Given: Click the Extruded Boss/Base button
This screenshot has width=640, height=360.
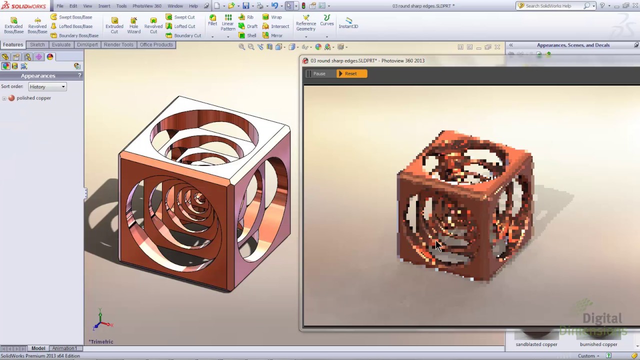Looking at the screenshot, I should click(x=13, y=25).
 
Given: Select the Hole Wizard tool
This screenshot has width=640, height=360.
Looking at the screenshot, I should click(x=133, y=25).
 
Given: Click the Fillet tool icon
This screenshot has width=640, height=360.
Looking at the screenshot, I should click(x=212, y=20).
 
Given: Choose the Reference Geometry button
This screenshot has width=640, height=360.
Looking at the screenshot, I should click(x=305, y=23).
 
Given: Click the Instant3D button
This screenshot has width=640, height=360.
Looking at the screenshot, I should click(x=348, y=22).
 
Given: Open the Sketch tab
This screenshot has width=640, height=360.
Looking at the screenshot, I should click(x=37, y=44).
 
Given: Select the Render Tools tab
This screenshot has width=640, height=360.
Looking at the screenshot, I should click(x=118, y=44).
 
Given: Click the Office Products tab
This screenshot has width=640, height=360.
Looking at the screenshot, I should click(x=156, y=44).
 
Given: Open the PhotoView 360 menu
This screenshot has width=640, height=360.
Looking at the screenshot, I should click(x=146, y=6).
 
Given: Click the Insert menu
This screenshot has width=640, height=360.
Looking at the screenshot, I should click(x=104, y=6).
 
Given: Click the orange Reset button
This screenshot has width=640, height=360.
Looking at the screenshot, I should click(x=351, y=73).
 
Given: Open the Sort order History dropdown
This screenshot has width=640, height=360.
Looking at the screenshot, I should click(x=47, y=86).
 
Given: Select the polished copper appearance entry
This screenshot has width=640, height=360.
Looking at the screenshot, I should click(x=33, y=98).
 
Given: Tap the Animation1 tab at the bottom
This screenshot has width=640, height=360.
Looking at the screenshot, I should click(x=64, y=348).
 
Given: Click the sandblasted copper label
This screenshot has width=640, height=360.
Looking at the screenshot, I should click(x=536, y=344).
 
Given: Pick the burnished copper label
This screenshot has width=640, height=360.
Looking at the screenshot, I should click(x=598, y=344).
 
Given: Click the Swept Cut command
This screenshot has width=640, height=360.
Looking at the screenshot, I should click(x=184, y=17).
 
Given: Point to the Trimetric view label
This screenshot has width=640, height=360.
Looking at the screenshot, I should click(x=101, y=341).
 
